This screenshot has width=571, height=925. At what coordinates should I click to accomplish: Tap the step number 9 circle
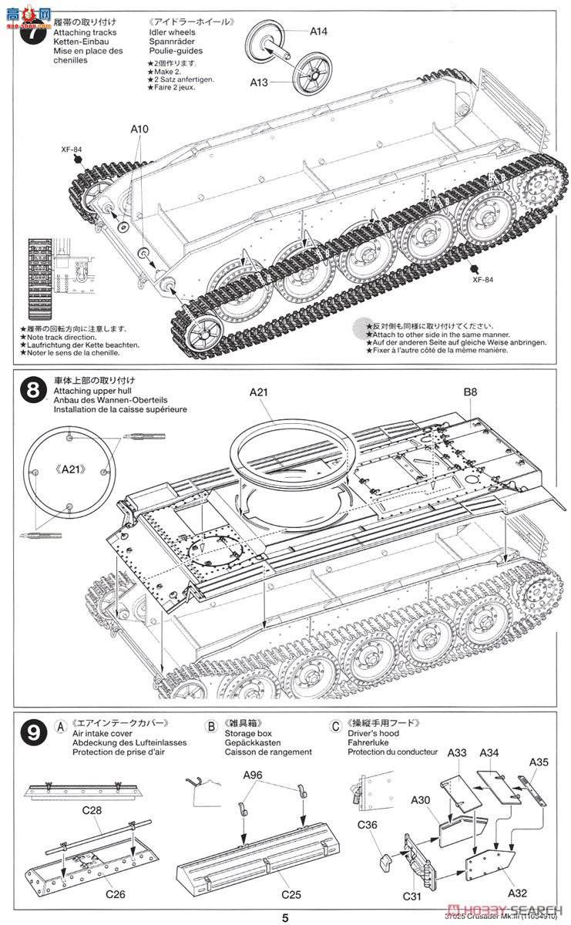tap(32, 735)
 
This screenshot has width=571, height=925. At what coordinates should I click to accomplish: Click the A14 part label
tap(319, 32)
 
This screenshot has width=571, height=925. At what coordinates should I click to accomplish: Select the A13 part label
tap(259, 81)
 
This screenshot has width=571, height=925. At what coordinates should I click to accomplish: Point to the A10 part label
tap(139, 129)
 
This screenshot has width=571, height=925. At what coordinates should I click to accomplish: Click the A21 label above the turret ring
tap(258, 393)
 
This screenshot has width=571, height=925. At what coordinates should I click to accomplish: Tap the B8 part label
tap(470, 392)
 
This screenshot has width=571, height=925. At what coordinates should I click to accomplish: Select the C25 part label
tap(291, 896)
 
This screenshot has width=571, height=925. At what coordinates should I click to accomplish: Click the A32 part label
tap(519, 893)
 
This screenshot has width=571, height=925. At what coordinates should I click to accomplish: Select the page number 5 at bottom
tap(285, 917)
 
